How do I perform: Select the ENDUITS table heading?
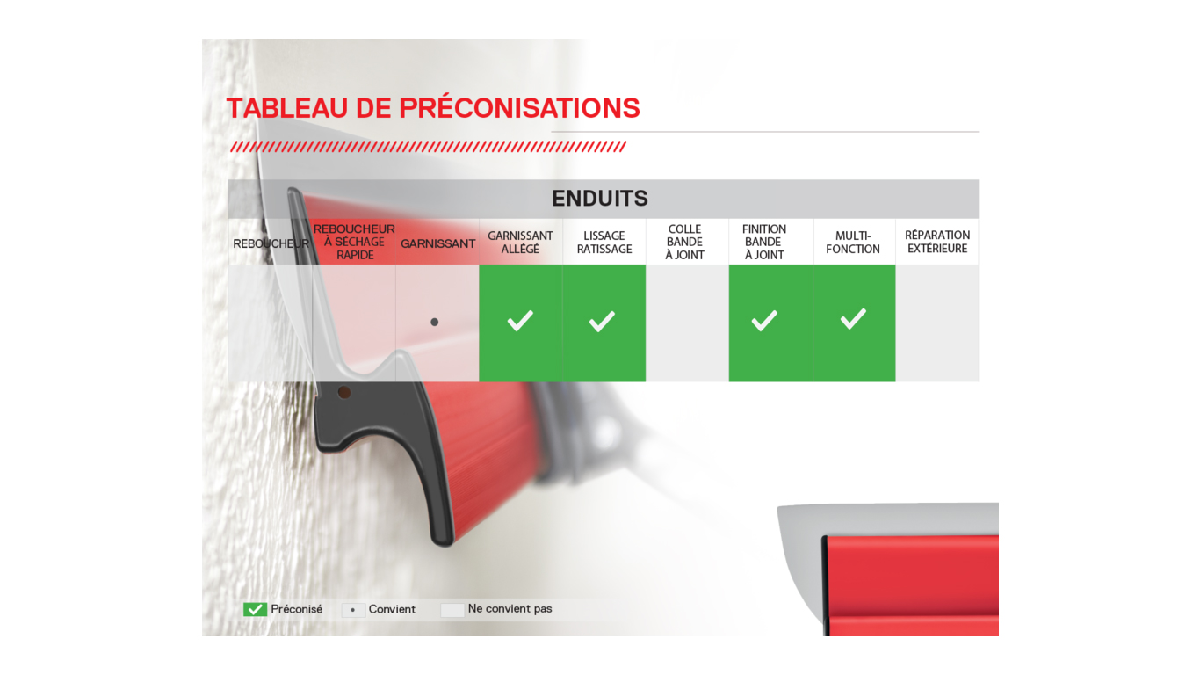[600, 199]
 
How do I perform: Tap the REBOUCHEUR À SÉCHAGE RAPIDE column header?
[354, 242]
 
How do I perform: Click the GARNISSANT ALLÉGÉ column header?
[520, 243]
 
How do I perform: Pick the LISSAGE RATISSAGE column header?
[604, 243]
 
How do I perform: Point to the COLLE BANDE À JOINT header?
[684, 242]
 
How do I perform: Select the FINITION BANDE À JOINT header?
[764, 242]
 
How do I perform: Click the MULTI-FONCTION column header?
[853, 243]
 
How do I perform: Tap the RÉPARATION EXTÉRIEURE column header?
[937, 242]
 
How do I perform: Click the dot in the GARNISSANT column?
[435, 323]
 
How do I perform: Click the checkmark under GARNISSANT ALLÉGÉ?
[520, 321]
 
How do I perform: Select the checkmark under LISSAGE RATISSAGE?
[602, 321]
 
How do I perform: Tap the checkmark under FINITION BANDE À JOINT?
[764, 321]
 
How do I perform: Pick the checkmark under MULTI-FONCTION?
[853, 318]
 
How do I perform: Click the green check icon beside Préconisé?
[255, 610]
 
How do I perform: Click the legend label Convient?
[392, 609]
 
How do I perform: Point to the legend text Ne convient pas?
[510, 608]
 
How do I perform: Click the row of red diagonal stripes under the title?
[428, 147]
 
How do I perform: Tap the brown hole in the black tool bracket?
[344, 393]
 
